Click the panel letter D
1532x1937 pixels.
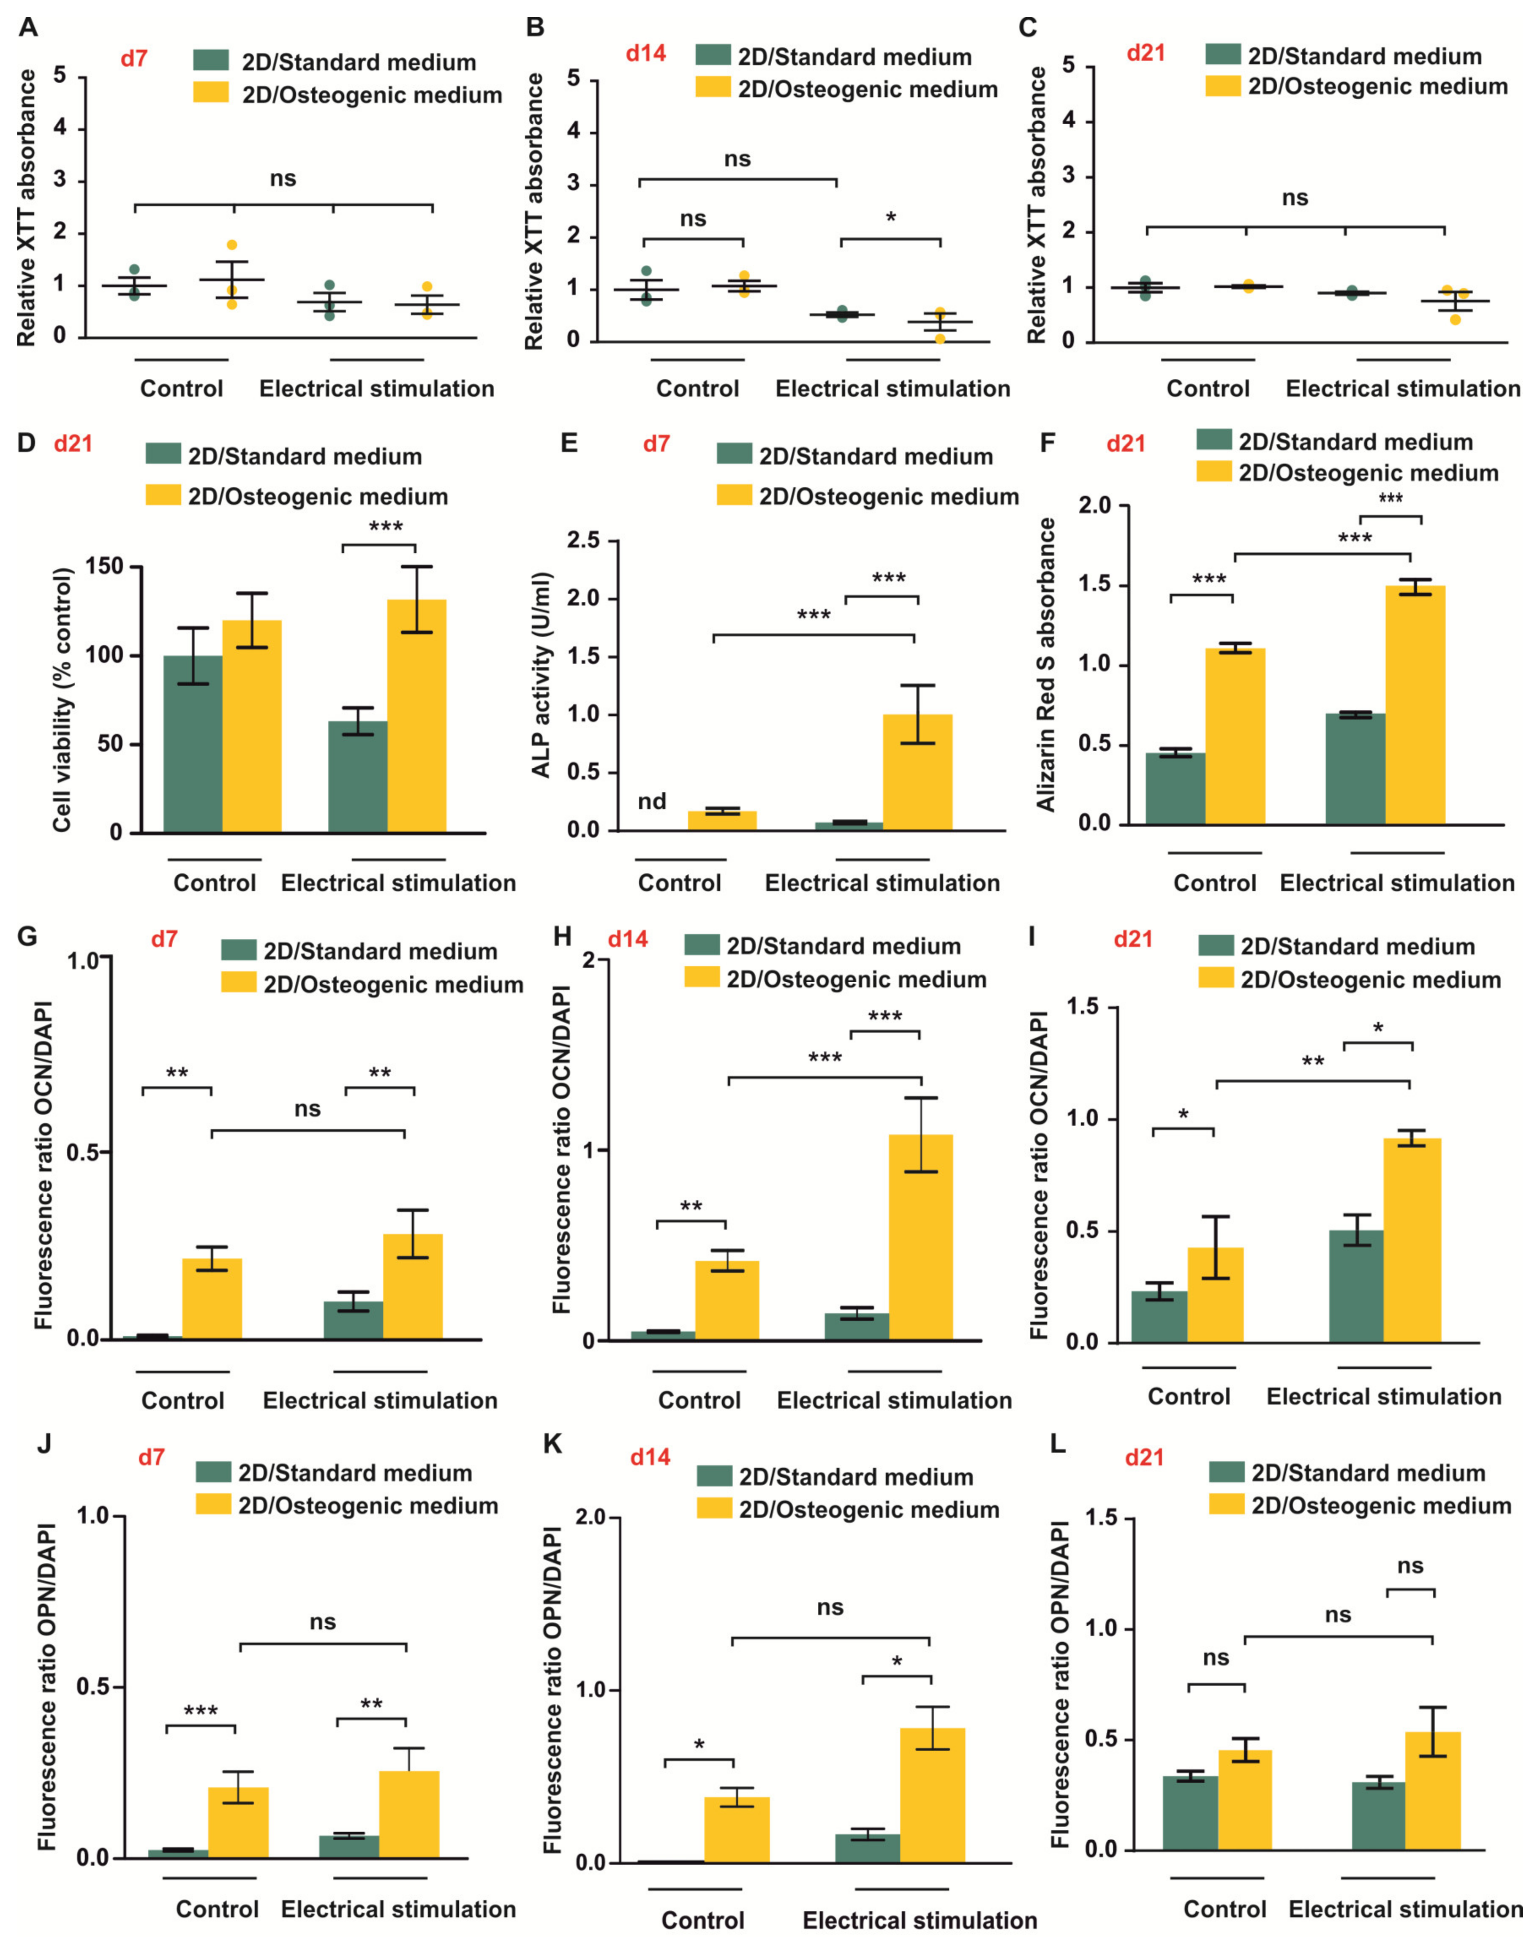[x=27, y=443]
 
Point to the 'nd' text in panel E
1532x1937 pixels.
[x=652, y=801]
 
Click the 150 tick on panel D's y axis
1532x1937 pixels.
[x=104, y=567]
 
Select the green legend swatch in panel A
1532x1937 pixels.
[x=211, y=61]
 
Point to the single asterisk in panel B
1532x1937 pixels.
[x=891, y=217]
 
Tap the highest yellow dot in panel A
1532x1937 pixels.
[x=231, y=245]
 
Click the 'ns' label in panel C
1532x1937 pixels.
[x=1294, y=198]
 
